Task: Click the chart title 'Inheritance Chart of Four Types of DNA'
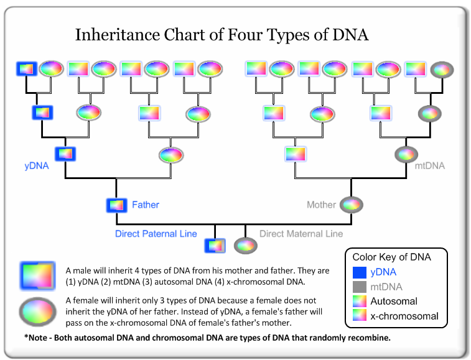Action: click(x=222, y=35)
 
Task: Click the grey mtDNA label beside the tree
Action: click(x=430, y=166)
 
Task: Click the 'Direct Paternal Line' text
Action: click(x=156, y=234)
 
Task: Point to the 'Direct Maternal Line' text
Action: click(x=301, y=234)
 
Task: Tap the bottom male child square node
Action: click(x=215, y=246)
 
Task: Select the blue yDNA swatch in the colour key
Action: click(x=358, y=272)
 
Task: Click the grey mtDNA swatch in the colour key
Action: click(x=358, y=287)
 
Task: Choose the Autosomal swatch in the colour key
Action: click(x=358, y=302)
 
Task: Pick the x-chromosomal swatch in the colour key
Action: click(x=358, y=316)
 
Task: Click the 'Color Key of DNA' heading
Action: click(x=391, y=257)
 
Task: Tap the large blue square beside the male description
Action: click(x=39, y=274)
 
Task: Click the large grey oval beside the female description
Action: click(x=39, y=310)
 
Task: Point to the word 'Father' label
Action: click(x=146, y=205)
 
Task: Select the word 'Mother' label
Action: click(x=321, y=205)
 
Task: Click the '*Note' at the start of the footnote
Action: click(x=35, y=338)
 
